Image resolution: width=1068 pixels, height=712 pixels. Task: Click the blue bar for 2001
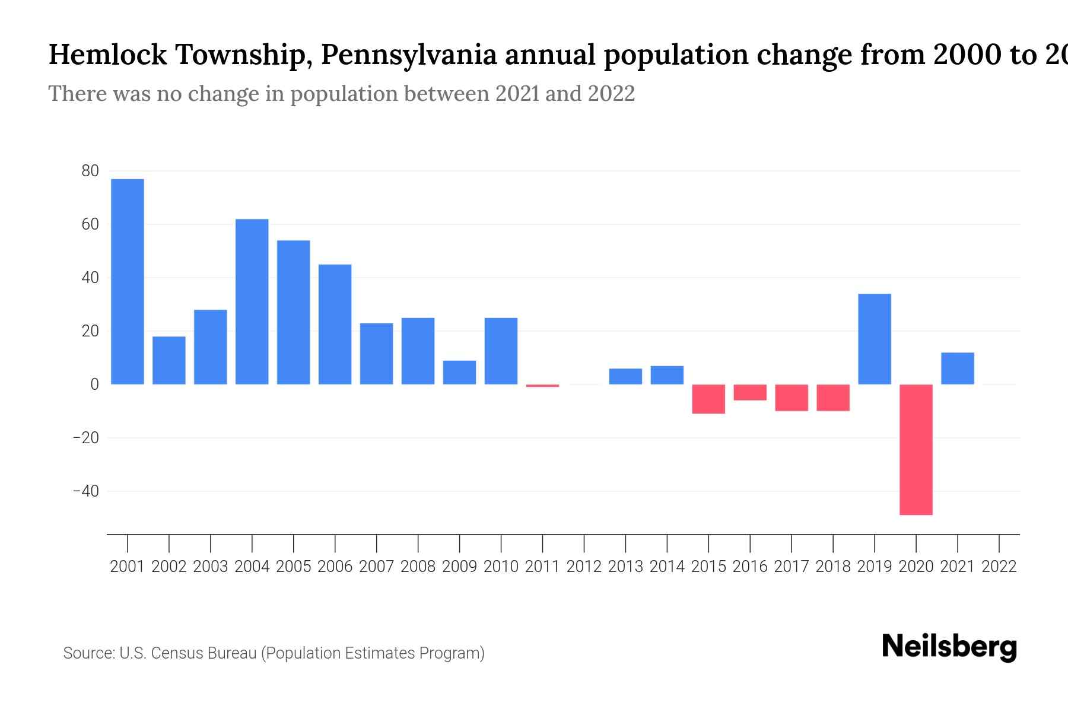click(128, 282)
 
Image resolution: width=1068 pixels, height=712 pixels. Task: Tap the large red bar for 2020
click(916, 449)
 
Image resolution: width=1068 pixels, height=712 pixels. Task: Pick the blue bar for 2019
click(875, 339)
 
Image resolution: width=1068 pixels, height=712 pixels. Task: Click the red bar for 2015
click(708, 399)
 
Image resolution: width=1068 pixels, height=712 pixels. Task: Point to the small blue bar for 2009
click(459, 373)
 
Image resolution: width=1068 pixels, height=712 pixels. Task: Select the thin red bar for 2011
click(542, 386)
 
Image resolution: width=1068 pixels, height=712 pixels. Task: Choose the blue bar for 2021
click(958, 368)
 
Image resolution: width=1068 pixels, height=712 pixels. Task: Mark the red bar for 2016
click(750, 392)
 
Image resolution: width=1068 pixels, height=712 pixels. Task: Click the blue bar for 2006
click(335, 324)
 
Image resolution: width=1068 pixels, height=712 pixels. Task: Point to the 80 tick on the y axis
click(90, 171)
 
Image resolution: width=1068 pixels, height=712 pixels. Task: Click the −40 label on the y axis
click(86, 491)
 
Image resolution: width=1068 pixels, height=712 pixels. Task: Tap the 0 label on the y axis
click(94, 384)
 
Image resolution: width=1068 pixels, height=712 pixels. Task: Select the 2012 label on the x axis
click(584, 567)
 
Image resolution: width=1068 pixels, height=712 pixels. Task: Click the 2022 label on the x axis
click(999, 567)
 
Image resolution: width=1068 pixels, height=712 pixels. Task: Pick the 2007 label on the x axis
click(376, 567)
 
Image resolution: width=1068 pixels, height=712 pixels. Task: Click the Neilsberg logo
click(949, 647)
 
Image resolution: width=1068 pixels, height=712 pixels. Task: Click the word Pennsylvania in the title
click(409, 55)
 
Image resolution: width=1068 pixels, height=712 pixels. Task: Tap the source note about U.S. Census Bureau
click(274, 653)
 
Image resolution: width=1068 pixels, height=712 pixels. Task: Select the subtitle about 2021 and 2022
click(341, 94)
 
